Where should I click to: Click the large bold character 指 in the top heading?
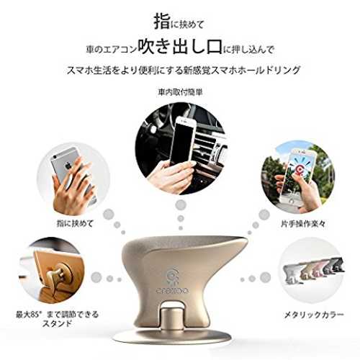[161, 22]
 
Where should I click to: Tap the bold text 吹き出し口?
[179, 47]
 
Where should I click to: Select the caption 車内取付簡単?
[180, 92]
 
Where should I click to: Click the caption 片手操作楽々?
[303, 224]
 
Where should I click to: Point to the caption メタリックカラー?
[314, 315]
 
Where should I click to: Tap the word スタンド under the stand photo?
[57, 323]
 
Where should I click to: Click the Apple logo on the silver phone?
[69, 165]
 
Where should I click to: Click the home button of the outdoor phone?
[292, 200]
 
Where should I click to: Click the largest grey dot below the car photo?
[181, 205]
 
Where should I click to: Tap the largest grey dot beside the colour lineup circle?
[265, 277]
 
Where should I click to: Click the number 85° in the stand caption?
[32, 315]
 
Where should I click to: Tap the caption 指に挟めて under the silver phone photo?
[75, 224]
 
